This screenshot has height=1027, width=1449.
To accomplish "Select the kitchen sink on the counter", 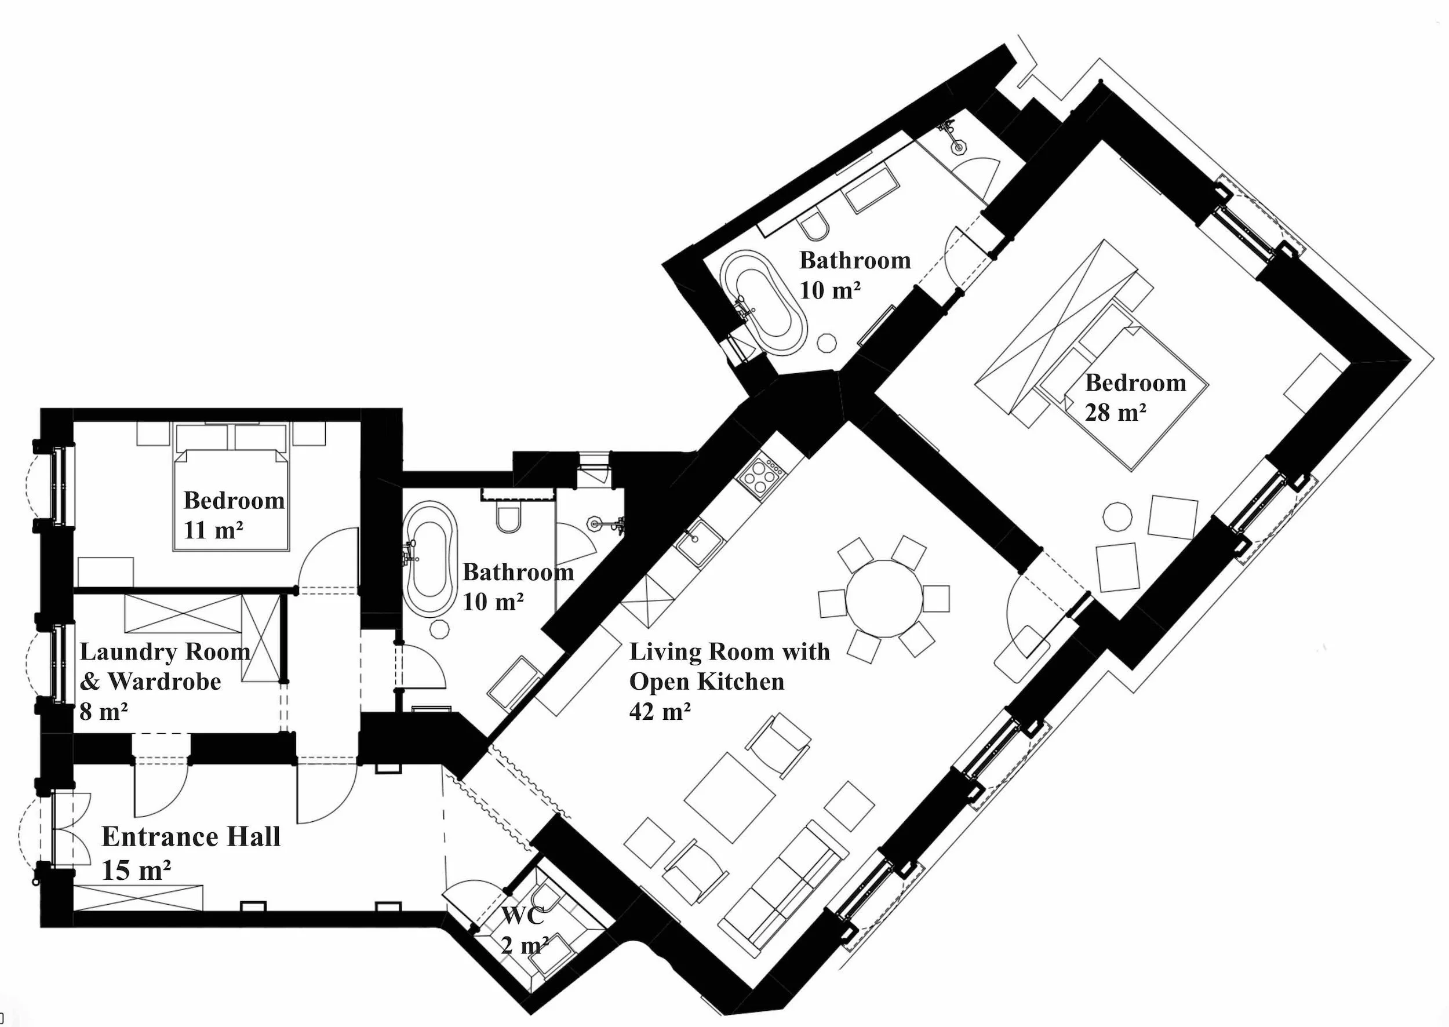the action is (x=698, y=542).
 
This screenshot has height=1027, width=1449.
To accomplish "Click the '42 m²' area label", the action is (x=659, y=712).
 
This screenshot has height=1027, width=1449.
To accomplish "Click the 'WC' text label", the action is (x=522, y=916).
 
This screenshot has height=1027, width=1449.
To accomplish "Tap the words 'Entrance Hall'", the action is (x=190, y=837).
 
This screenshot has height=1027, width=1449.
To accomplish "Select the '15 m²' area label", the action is (x=136, y=870).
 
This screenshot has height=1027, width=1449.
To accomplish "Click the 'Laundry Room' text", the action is (x=165, y=651).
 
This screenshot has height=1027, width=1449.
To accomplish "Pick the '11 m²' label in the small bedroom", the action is (x=213, y=530).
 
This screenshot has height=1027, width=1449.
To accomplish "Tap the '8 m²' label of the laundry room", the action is (x=103, y=712).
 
